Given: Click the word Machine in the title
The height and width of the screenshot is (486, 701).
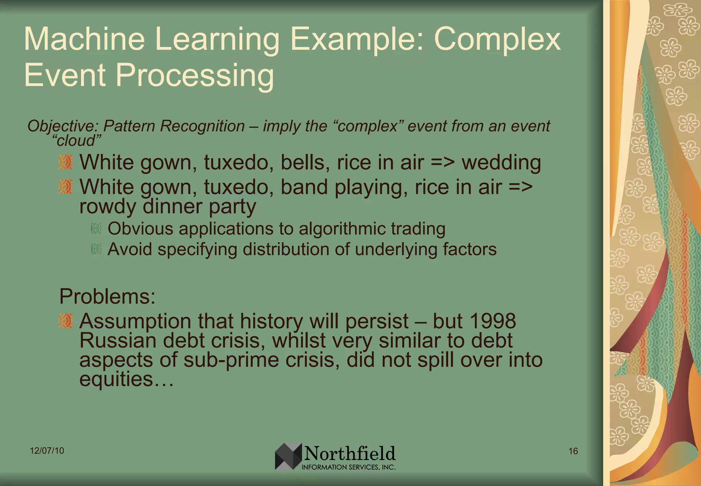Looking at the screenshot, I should coord(84,39).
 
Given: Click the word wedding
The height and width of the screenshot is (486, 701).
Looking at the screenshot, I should coord(501,162).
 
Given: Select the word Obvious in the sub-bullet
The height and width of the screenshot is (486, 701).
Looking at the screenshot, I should coord(140,229).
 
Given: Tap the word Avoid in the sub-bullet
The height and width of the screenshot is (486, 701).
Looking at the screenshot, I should coord(130,249).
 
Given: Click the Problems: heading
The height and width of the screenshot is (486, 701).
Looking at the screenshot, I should coord(107,296).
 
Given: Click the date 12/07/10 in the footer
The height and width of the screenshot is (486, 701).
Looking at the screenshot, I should coord(47,451).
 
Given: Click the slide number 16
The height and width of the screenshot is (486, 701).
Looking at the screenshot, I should coord(573,451).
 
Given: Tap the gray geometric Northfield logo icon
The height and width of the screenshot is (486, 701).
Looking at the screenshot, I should coord(288,456).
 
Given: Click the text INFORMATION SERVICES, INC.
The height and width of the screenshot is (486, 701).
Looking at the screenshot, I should coord(348,467).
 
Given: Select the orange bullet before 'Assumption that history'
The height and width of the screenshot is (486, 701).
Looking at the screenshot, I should coord(65,321).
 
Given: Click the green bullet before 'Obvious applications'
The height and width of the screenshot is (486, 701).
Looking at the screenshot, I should coord(97,229).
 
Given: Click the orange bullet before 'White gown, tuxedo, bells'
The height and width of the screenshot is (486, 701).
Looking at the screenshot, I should coord(65,162).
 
